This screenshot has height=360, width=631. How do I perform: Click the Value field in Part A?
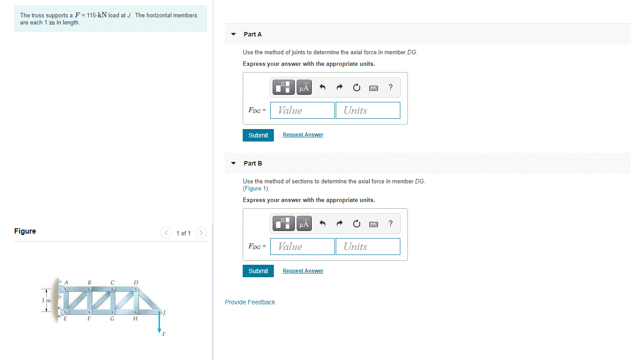(x=302, y=110)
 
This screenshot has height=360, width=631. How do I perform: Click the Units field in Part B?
(x=368, y=247)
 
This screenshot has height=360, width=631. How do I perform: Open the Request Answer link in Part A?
(x=303, y=135)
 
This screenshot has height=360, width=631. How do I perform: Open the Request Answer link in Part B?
(x=303, y=271)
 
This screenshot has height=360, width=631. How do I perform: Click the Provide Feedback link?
(x=250, y=302)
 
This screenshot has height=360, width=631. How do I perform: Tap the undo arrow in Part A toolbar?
(x=323, y=88)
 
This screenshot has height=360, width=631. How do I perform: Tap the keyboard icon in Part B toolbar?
(x=374, y=224)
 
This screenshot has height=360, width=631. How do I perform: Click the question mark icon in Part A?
(x=391, y=88)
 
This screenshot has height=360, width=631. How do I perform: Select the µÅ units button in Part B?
(x=304, y=224)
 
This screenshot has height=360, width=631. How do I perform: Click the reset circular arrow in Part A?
(x=356, y=88)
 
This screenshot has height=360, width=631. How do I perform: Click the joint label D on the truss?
(x=136, y=282)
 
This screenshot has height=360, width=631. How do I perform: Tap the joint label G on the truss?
(x=112, y=319)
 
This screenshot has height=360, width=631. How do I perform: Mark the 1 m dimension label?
(x=46, y=300)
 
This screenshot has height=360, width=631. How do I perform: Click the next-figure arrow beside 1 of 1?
(x=201, y=233)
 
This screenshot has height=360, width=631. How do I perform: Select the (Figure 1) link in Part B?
(x=255, y=189)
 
